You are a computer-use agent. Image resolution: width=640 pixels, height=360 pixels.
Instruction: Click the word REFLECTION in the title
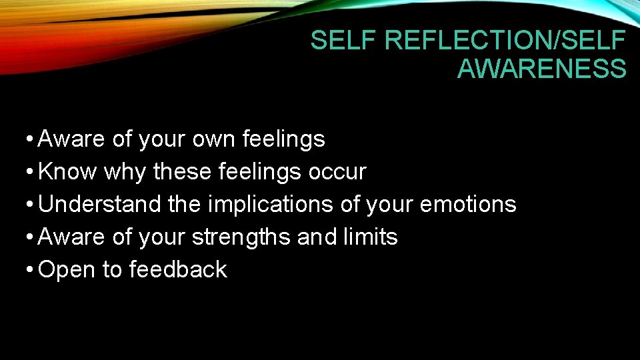(x=471, y=41)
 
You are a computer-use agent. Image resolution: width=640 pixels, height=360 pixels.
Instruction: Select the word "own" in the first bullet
(x=215, y=139)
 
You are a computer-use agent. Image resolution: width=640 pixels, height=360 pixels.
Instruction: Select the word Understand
(x=100, y=204)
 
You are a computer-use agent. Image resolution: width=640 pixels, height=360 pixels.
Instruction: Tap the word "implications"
(x=271, y=205)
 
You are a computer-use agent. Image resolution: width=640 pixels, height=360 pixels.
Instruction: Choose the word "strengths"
(x=241, y=237)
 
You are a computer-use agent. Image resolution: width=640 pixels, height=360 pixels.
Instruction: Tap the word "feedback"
(x=178, y=269)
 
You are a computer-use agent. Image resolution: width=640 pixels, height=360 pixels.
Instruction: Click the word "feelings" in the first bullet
(x=284, y=139)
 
